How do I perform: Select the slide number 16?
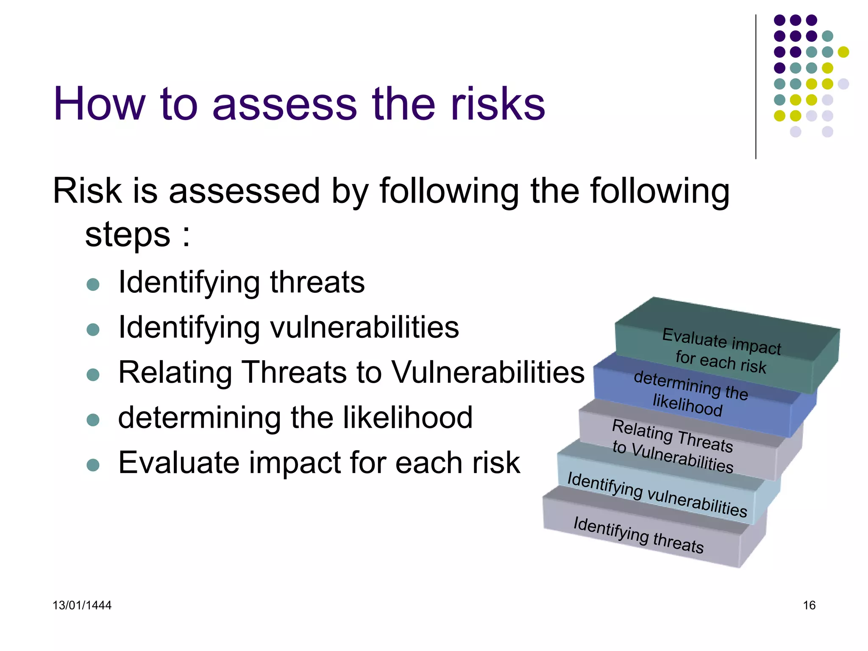point(809,605)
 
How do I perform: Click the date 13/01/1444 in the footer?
point(82,605)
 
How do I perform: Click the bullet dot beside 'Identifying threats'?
point(93,284)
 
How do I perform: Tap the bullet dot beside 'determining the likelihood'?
point(93,420)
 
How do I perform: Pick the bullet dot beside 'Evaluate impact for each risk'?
point(93,465)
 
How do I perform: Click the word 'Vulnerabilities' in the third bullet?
point(487,372)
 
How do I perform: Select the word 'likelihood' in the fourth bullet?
point(407,417)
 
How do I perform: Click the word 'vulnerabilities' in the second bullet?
point(364,327)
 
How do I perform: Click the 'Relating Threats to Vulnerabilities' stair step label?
point(673,446)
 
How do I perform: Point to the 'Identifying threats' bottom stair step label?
point(638,535)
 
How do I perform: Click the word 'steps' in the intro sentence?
point(128,235)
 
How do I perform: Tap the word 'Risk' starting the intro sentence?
point(87,191)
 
